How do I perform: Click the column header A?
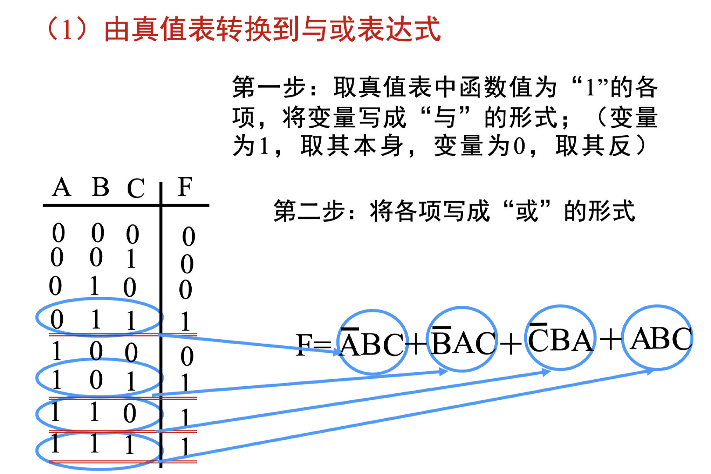[62, 188]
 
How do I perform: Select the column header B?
[100, 188]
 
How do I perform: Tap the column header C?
[136, 189]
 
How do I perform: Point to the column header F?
[185, 187]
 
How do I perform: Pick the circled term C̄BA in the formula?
[560, 339]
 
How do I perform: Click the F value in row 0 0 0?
[189, 237]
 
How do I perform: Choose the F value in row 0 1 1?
[186, 322]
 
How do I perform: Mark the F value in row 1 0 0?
[187, 356]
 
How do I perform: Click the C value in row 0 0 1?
[131, 259]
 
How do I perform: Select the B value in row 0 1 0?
[94, 286]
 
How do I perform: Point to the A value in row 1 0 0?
[57, 352]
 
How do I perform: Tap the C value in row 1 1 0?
[129, 413]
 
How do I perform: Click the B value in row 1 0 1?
[96, 380]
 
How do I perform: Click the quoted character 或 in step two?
[527, 211]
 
